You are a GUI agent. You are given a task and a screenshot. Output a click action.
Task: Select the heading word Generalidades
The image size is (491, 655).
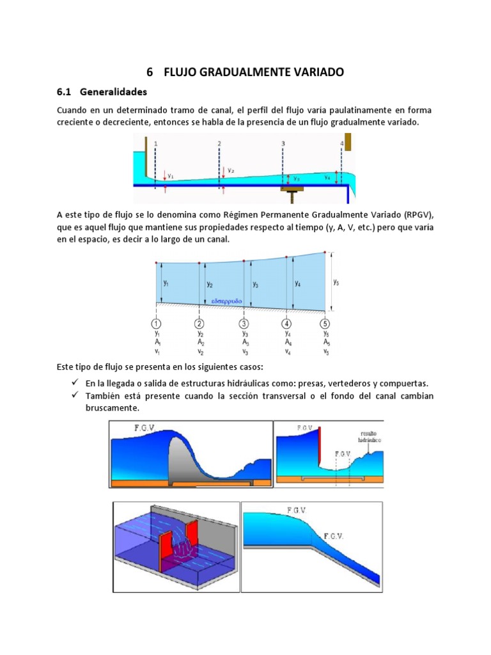[113, 91]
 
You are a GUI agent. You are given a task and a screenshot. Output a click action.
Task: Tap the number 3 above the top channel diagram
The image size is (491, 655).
[283, 144]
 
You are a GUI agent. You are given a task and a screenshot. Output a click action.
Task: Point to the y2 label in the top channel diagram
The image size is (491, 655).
[231, 171]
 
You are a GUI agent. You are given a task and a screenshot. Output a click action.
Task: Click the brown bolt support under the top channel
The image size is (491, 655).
[293, 190]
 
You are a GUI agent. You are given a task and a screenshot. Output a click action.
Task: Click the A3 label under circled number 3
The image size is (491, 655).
[244, 342]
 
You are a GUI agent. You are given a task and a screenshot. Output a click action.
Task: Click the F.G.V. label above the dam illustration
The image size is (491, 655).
[143, 427]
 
